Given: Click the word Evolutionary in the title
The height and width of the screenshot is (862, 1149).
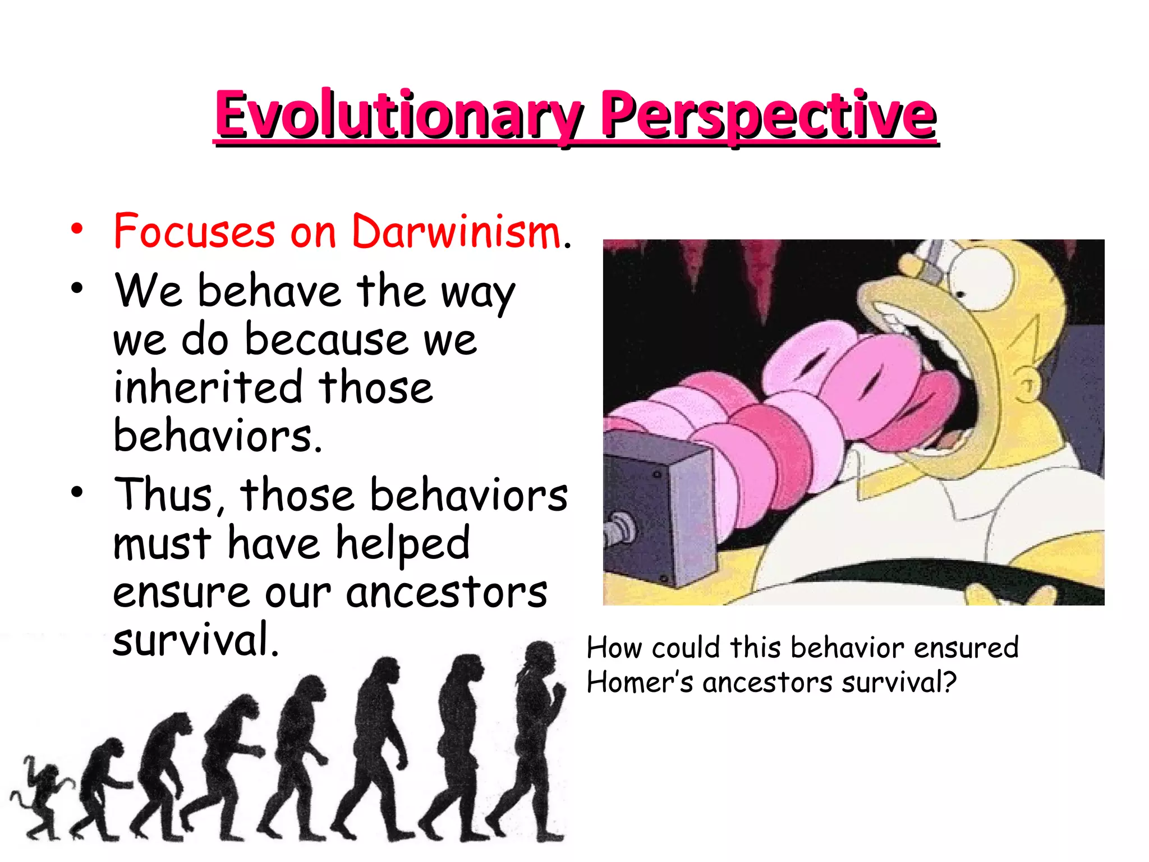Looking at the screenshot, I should click(x=398, y=116).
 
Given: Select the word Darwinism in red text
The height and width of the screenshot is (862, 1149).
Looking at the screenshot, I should click(x=456, y=232).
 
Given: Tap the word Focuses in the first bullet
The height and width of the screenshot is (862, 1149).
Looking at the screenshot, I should click(x=194, y=232).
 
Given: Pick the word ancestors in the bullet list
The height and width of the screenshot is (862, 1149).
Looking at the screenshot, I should click(x=446, y=593).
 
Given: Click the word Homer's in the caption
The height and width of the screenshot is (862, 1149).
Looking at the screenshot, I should click(x=640, y=683).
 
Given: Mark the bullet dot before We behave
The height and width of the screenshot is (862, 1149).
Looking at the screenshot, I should click(x=77, y=288).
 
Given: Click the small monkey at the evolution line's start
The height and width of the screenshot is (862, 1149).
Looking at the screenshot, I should click(x=39, y=797).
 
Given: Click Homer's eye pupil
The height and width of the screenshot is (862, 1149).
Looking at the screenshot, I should click(x=960, y=294).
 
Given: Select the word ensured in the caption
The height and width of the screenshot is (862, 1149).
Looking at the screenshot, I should click(x=966, y=648).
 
